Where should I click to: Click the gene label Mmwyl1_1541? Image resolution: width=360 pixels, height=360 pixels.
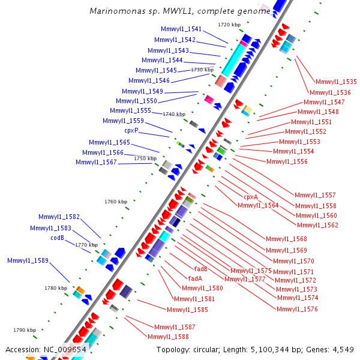pyautogui.click(x=181, y=29)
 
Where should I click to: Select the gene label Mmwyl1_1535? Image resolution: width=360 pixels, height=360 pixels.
pyautogui.click(x=336, y=82)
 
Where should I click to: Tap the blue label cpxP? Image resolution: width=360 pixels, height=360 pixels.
pyautogui.click(x=131, y=130)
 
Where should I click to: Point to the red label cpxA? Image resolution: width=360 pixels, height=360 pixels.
pyautogui.click(x=251, y=197)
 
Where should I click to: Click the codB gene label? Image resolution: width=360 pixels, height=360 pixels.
pyautogui.click(x=57, y=238)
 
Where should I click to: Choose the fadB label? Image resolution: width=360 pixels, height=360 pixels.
pyautogui.click(x=201, y=269)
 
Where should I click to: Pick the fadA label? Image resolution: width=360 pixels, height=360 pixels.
pyautogui.click(x=196, y=278)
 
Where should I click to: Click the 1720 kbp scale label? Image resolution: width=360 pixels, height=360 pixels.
pyautogui.click(x=229, y=25)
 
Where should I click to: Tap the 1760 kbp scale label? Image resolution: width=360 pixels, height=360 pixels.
pyautogui.click(x=116, y=202)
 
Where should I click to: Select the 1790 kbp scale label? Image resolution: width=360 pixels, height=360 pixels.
pyautogui.click(x=25, y=330)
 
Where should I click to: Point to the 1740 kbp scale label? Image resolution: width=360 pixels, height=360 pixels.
pyautogui.click(x=175, y=114)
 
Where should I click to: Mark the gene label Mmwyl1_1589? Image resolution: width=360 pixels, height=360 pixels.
pyautogui.click(x=28, y=260)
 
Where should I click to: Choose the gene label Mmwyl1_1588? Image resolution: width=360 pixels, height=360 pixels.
pyautogui.click(x=168, y=337)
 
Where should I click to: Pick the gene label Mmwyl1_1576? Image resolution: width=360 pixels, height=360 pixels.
pyautogui.click(x=297, y=309)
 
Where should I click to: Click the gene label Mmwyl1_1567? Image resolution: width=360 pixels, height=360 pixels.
pyautogui.click(x=96, y=162)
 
